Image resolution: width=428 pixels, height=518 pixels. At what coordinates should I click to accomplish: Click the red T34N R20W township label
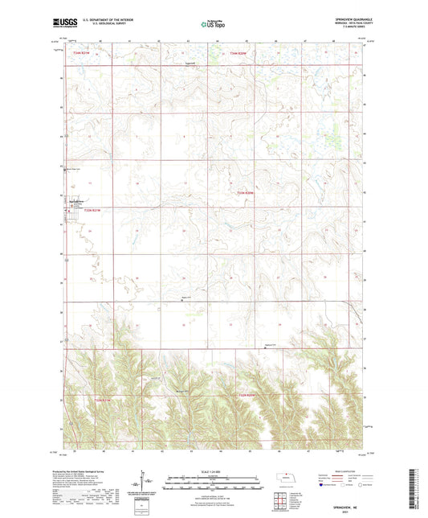(238, 54)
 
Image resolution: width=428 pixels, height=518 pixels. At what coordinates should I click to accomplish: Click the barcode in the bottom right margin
(421, 492)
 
